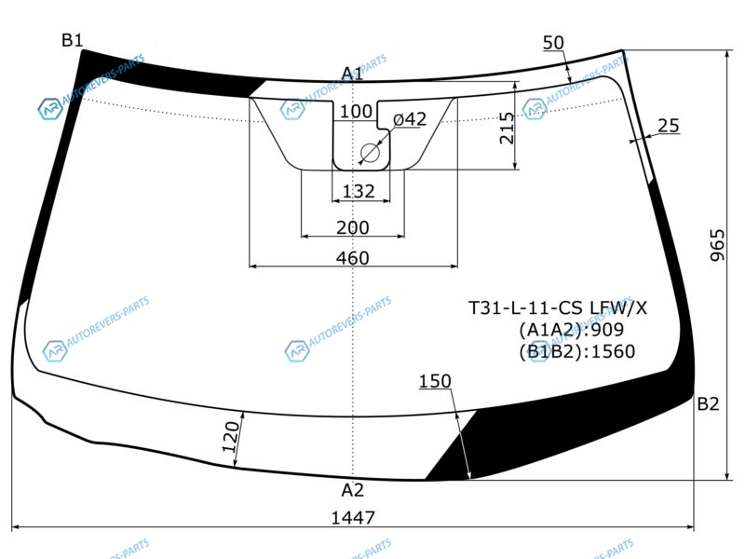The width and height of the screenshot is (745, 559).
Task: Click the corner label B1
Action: click(73, 40)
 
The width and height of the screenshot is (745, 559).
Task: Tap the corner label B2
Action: click(708, 404)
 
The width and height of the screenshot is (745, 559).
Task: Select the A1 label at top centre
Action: click(352, 74)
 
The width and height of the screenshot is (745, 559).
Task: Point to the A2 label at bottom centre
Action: click(353, 490)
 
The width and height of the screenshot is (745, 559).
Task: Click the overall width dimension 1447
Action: click(353, 517)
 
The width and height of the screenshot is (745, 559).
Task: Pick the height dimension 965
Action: click(717, 245)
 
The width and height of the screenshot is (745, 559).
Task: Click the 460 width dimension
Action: click(353, 258)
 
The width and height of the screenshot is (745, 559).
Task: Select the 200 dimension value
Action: click(353, 227)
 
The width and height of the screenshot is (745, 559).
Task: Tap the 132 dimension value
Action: click(359, 191)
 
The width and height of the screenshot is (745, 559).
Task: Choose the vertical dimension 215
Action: click(507, 128)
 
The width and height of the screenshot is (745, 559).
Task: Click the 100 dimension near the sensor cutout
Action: click(356, 111)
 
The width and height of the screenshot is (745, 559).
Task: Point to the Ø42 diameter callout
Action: click(410, 119)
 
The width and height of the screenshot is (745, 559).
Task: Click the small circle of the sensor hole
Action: click(370, 153)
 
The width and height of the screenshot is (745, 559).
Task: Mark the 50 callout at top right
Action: click(553, 43)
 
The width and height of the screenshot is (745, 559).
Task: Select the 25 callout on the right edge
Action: click(669, 126)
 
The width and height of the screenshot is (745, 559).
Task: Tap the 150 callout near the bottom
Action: click(435, 381)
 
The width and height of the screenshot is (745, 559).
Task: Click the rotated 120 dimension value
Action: click(231, 436)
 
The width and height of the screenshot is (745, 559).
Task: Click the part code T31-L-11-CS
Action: click(525, 308)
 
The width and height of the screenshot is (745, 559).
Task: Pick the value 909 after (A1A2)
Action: click(607, 330)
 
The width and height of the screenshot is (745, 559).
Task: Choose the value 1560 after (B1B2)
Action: click(613, 351)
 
